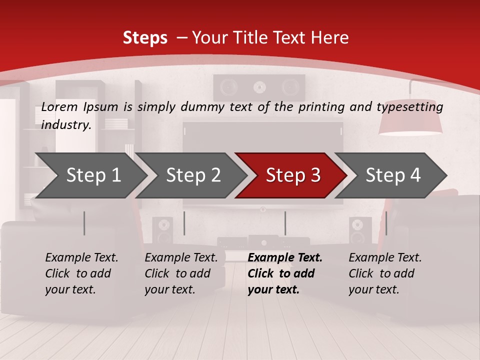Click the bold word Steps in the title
point(145,37)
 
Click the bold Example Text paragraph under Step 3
point(284,273)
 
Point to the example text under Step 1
point(81,273)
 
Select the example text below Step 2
point(181,273)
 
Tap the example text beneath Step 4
point(385,273)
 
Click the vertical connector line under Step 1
point(84,223)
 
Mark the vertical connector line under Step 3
point(285,223)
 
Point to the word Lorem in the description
point(59,106)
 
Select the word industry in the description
point(65,124)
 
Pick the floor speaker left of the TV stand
point(162,230)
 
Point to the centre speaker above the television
point(259,87)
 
